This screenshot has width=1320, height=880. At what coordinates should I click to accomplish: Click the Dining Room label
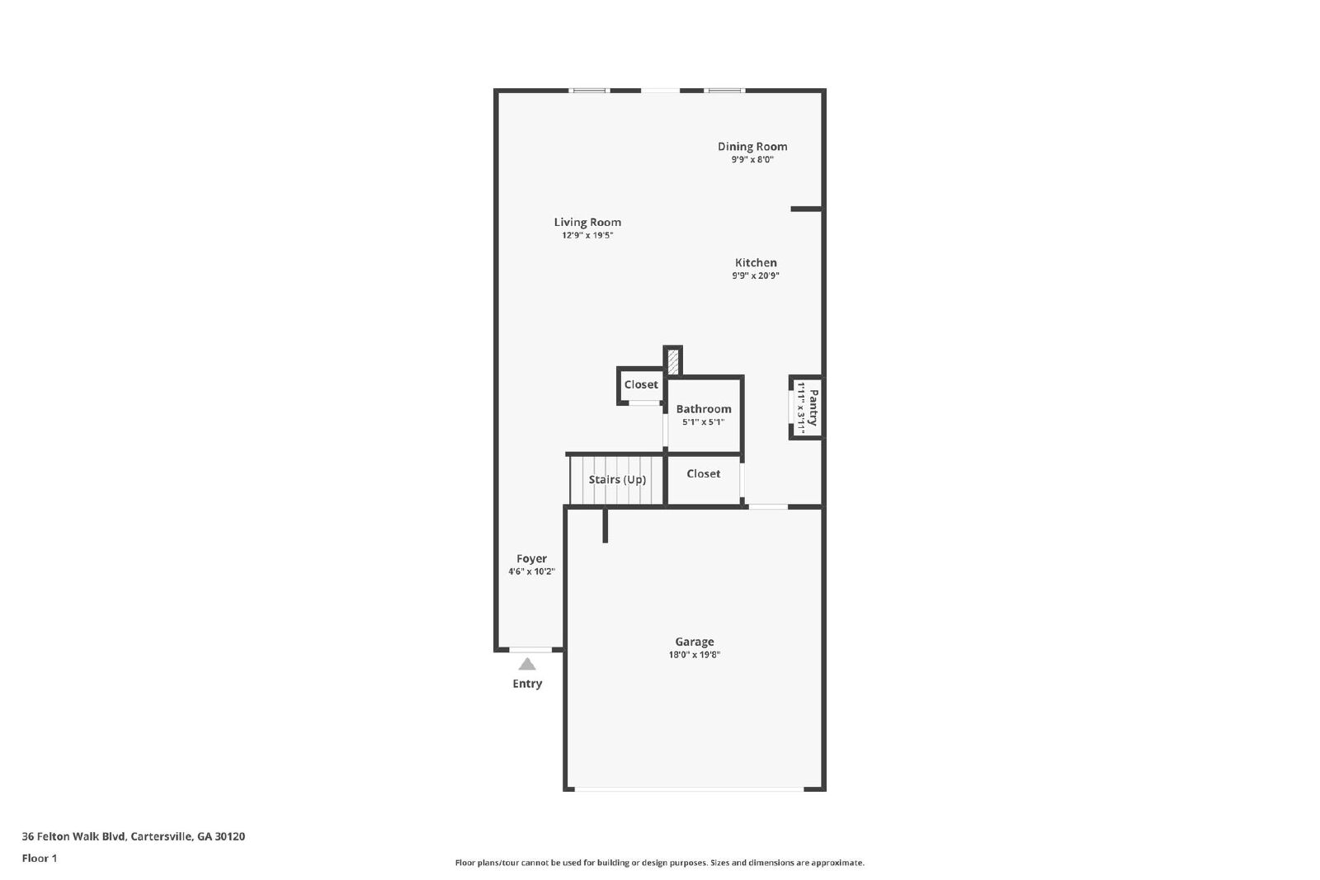coord(752,147)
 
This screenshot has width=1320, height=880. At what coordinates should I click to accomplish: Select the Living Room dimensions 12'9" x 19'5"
coord(587,236)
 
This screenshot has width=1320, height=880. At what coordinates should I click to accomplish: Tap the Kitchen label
coord(756,263)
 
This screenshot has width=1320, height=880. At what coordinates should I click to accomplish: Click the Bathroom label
coord(703,409)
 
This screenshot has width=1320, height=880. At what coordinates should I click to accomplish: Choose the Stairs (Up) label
coord(617,480)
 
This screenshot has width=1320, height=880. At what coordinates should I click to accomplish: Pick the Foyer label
coord(531,559)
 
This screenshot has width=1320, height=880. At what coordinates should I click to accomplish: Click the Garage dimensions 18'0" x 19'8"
coord(694,656)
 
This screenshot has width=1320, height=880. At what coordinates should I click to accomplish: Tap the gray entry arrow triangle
coord(527,665)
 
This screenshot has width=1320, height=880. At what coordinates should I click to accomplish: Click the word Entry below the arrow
coord(527,684)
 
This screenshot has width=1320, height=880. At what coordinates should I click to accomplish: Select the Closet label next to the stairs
coord(703,474)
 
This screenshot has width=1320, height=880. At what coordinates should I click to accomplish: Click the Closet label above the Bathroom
coord(641,385)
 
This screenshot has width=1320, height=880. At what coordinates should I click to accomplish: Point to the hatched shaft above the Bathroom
coord(673,361)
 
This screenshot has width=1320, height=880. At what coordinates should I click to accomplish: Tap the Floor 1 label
coord(40,859)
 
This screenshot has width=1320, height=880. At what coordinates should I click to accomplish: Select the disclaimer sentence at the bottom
coord(659,863)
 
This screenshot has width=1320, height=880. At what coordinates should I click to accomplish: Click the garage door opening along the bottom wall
coord(689,789)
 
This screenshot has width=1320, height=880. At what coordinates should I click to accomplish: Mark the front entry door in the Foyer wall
coord(530,650)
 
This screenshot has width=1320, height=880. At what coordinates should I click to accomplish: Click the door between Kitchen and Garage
coord(768,506)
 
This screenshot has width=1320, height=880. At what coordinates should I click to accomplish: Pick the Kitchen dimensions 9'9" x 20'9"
coord(755,276)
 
